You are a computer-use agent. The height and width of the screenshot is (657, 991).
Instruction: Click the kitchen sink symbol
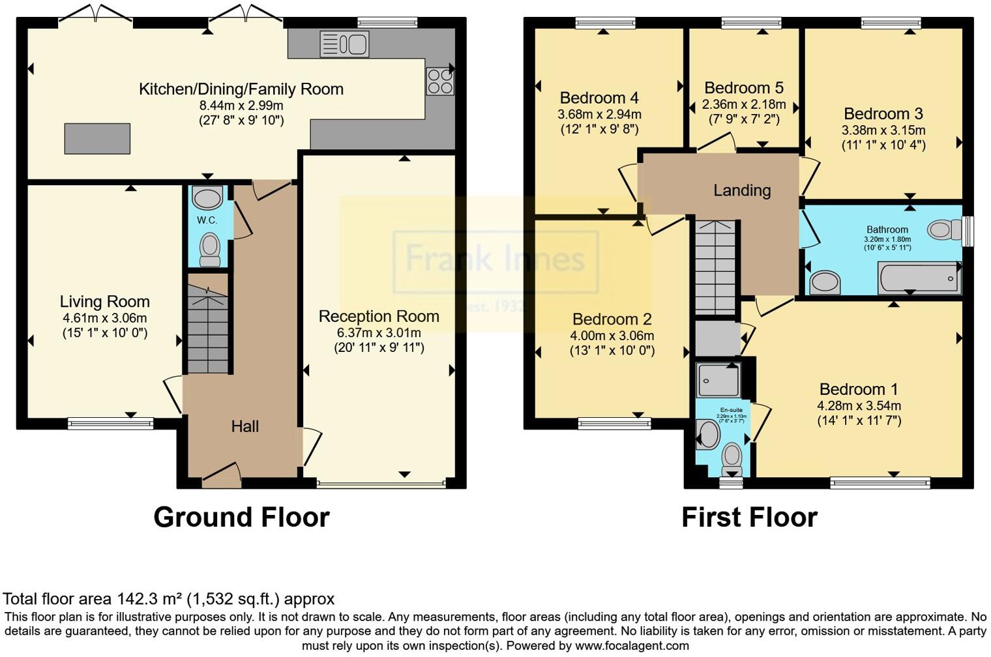tap(344, 44)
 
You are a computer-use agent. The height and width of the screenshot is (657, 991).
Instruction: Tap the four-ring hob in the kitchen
tap(439, 81)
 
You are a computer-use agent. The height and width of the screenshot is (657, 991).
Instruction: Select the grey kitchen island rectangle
tap(97, 138)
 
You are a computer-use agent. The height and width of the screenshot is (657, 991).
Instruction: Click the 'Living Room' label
tap(104, 302)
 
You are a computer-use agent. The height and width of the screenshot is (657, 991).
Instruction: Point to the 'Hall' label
tap(244, 426)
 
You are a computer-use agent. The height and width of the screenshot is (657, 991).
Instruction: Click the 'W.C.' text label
tap(207, 220)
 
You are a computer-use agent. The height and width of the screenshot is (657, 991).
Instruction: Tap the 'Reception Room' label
tap(379, 316)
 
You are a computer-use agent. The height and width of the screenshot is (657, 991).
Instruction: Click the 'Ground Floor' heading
tap(241, 517)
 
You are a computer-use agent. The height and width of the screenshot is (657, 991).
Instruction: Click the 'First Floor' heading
tap(749, 517)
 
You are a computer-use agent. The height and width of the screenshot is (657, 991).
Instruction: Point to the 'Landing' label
tap(742, 190)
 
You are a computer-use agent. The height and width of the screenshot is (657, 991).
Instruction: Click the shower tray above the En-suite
tap(718, 380)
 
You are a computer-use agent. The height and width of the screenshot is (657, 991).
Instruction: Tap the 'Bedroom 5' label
tap(744, 88)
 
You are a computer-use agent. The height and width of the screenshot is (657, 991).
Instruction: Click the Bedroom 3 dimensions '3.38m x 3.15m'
tap(883, 130)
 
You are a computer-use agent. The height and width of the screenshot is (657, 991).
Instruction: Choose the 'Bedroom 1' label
tap(859, 389)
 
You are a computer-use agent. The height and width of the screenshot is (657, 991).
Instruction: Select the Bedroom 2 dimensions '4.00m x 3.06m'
tap(612, 336)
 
